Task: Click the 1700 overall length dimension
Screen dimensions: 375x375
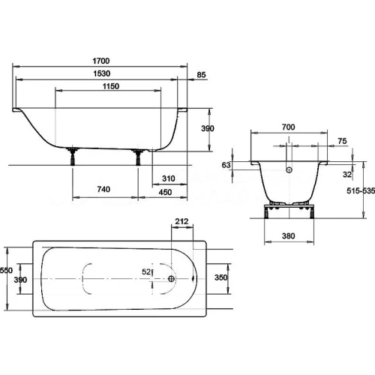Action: pos(101,61)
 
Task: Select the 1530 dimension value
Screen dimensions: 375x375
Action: pos(102,73)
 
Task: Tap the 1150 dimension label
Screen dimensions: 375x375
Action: pos(111,86)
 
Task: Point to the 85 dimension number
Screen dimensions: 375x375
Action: pos(201,75)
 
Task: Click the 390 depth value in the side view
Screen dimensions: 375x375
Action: pos(208,128)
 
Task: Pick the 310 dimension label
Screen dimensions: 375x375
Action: pos(168,178)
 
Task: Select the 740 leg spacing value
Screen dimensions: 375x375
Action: pos(103,189)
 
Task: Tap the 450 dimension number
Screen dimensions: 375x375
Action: pos(165,192)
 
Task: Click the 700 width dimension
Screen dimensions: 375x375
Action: pos(288,127)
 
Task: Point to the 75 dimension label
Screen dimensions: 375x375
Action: pos(342,141)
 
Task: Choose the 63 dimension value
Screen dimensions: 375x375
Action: pos(226,165)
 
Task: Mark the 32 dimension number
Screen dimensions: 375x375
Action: pos(347,175)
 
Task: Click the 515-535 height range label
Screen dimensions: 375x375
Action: pos(361,191)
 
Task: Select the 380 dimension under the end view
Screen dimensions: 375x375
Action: pos(288,236)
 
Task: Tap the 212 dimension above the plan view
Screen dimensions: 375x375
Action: pos(181,221)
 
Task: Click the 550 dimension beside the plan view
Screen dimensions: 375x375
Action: pos(6,271)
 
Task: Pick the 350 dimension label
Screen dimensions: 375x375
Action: pos(220,277)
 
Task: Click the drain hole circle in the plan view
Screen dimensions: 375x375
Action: pos(172,278)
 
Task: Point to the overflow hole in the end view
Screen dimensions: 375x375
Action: pos(289,170)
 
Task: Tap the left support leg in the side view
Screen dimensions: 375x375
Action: pos(73,157)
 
